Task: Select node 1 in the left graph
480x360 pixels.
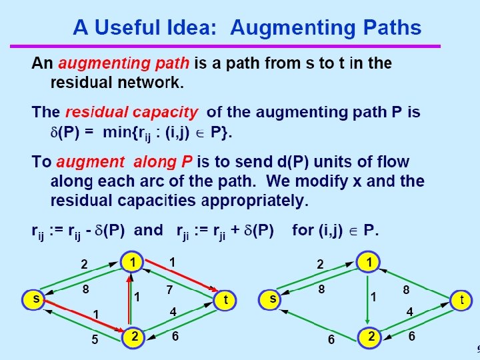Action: click(x=133, y=262)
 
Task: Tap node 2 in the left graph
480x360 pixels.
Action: click(x=133, y=337)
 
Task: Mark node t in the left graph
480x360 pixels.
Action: click(x=225, y=300)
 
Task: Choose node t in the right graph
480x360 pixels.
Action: click(x=461, y=300)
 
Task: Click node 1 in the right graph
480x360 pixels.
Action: click(x=368, y=262)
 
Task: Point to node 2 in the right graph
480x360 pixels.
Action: click(x=369, y=337)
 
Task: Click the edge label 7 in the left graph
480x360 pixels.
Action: click(x=171, y=290)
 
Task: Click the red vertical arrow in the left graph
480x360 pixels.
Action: click(x=129, y=300)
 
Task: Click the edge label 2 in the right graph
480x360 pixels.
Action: click(x=320, y=265)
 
